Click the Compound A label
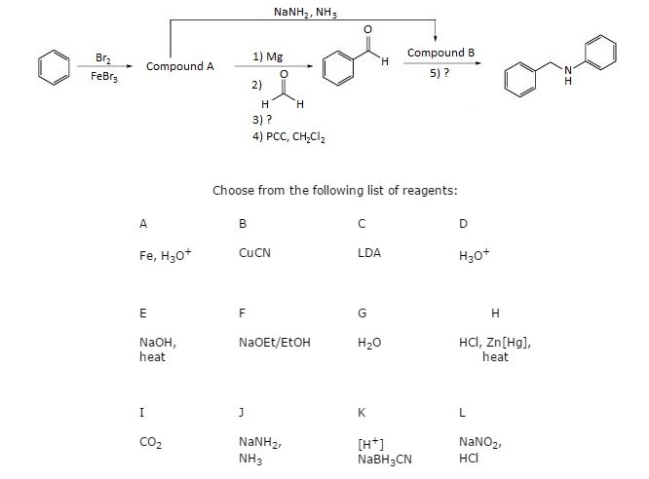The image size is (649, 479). click(179, 67)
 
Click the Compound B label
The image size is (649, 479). click(440, 52)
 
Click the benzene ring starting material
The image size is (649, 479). click(53, 67)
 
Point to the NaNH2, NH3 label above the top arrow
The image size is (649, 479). click(306, 11)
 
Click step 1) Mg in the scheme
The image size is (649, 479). click(268, 56)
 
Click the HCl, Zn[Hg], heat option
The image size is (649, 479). click(495, 350)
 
